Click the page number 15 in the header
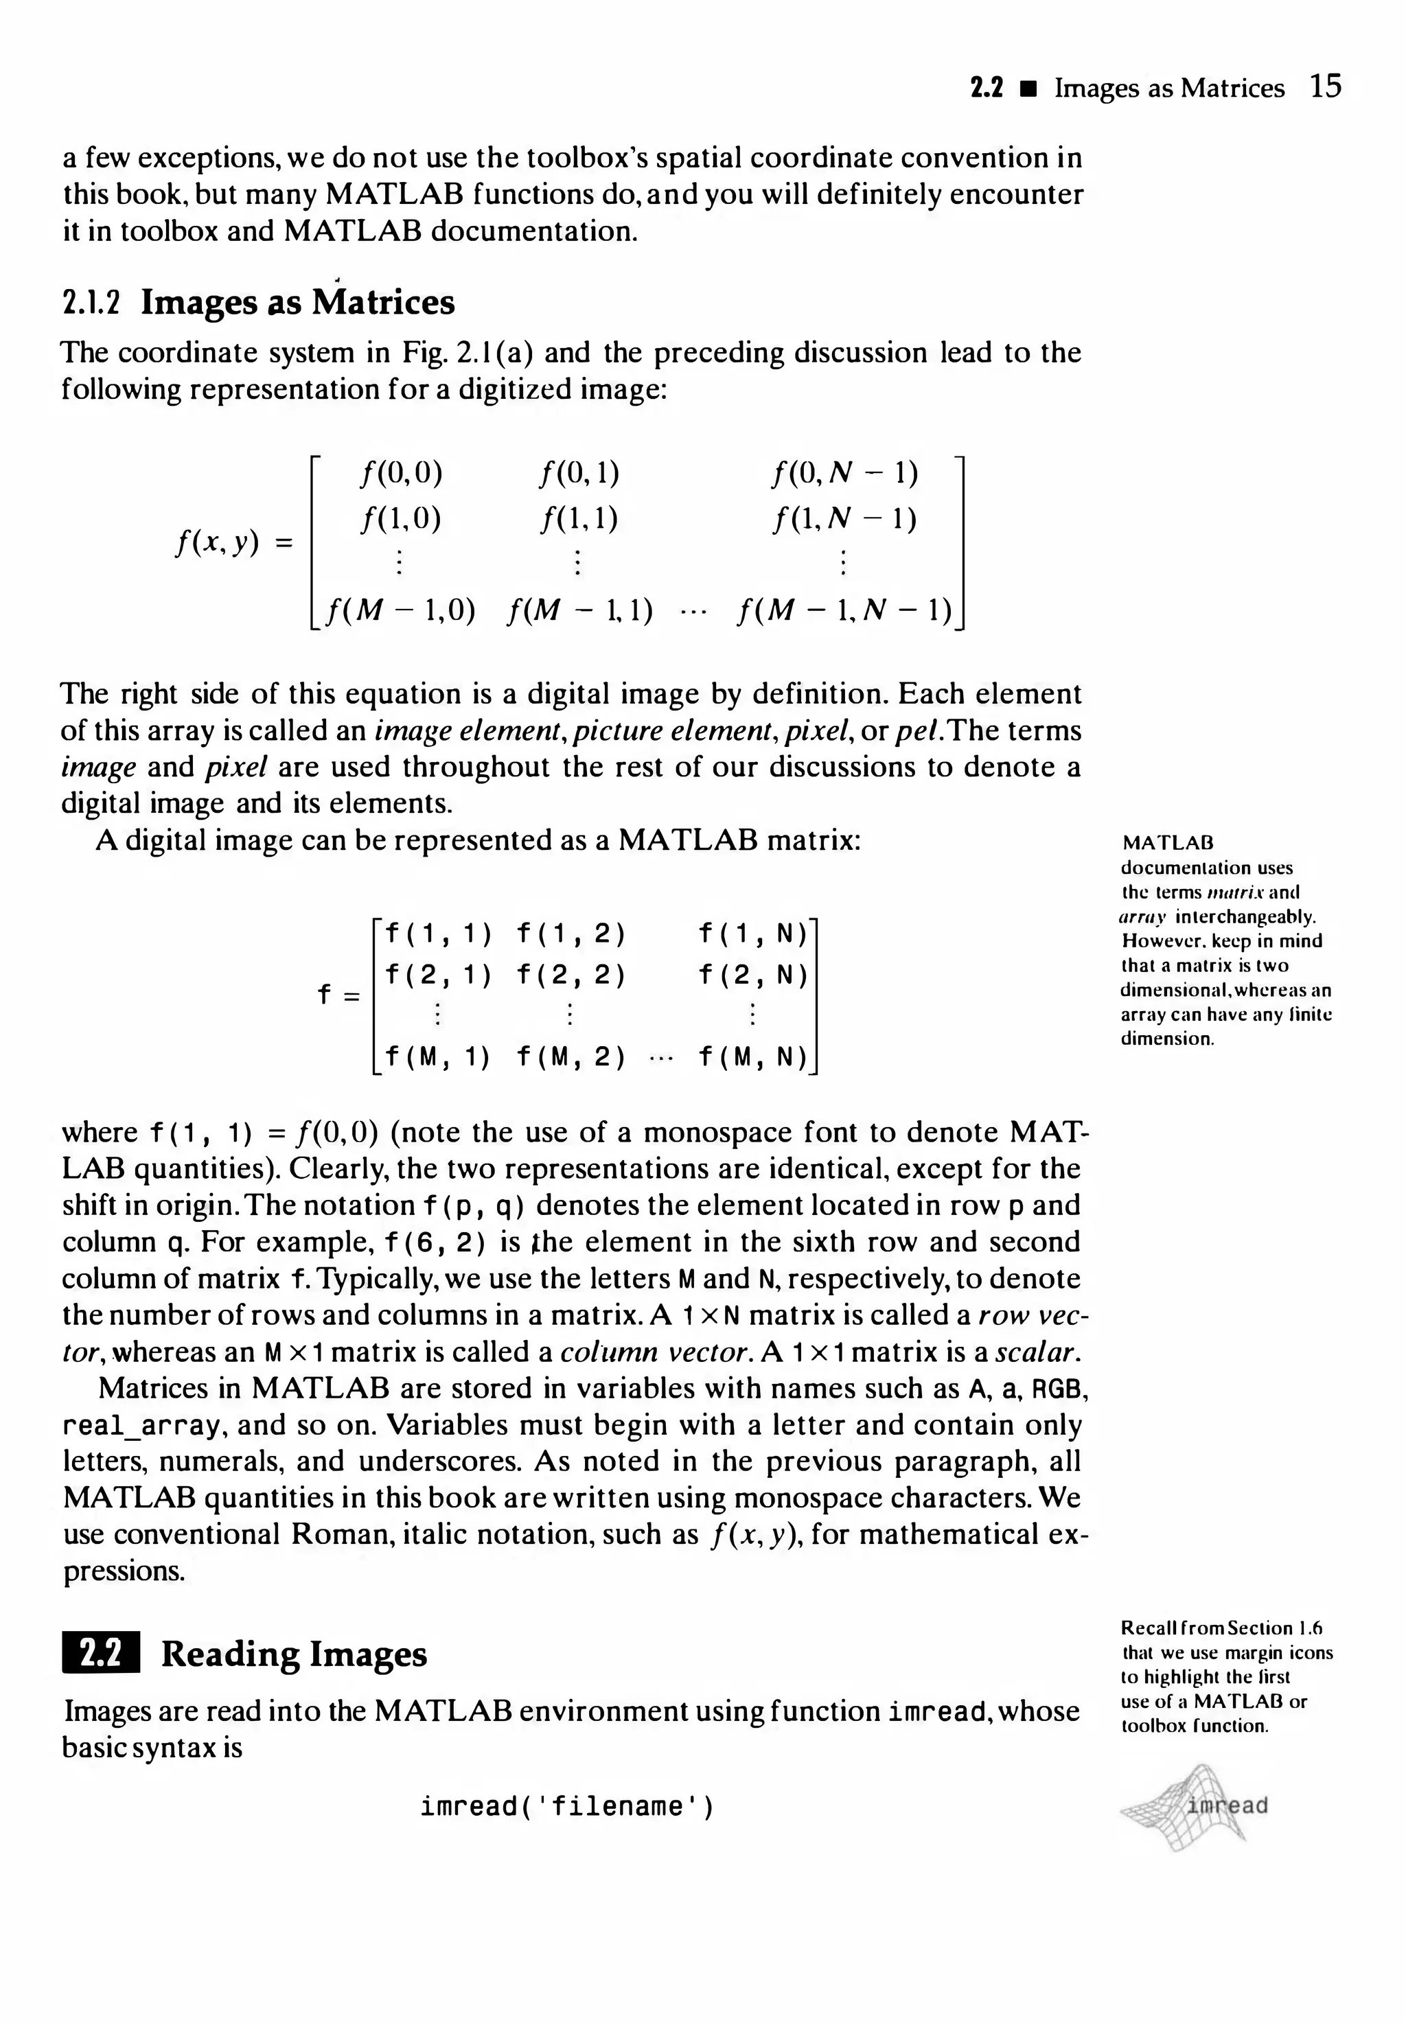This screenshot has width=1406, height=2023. pyautogui.click(x=1324, y=86)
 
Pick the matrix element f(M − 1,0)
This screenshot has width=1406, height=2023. pyautogui.click(x=400, y=610)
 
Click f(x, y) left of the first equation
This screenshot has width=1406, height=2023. pyautogui.click(x=218, y=544)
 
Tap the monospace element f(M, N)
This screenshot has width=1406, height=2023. pyautogui.click(x=752, y=1056)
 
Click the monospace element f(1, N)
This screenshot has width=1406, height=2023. pyautogui.click(x=752, y=933)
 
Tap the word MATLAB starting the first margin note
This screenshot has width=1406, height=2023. pyautogui.click(x=1156, y=843)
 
